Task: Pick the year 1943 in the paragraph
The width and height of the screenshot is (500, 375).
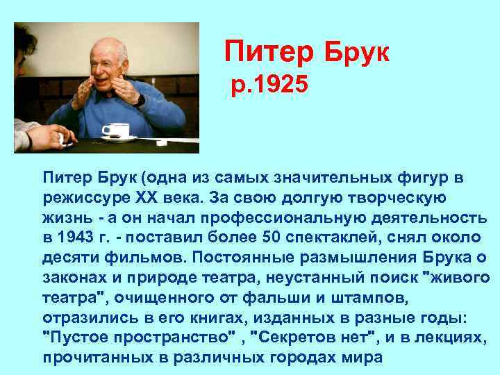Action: [76, 237]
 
